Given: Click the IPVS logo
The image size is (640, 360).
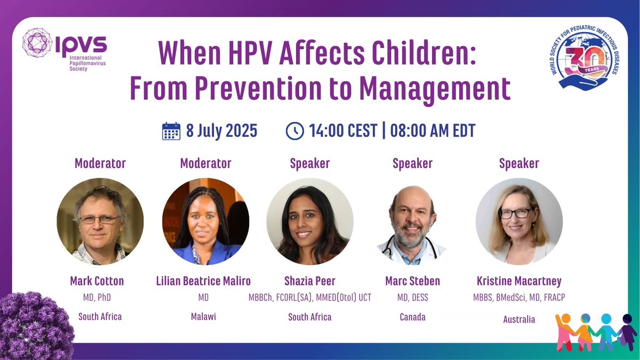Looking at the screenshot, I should point(65,50).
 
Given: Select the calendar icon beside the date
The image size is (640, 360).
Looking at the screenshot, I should point(171,131).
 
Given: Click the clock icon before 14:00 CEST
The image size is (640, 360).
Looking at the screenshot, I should point(294,131).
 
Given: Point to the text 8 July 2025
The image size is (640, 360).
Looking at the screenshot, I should point(221,131).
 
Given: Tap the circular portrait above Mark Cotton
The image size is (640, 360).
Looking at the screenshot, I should point(100,221).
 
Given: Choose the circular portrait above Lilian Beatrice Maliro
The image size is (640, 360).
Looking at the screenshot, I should point(205,221).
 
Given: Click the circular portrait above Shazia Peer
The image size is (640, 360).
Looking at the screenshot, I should point(310,221).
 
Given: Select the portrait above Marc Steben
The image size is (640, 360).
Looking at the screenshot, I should point(412,221).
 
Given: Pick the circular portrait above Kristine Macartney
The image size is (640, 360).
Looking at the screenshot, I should point(519,221).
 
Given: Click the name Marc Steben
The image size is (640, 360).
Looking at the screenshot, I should point(412,281).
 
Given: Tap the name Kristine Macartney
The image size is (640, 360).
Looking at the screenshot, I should point(519,281).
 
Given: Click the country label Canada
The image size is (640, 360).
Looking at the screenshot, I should point(412,317).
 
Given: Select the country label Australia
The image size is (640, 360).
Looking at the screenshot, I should point(519,319).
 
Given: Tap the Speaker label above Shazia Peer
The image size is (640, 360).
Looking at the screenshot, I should point(310,163).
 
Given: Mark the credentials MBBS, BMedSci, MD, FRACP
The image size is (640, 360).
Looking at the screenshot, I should point(519,298).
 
